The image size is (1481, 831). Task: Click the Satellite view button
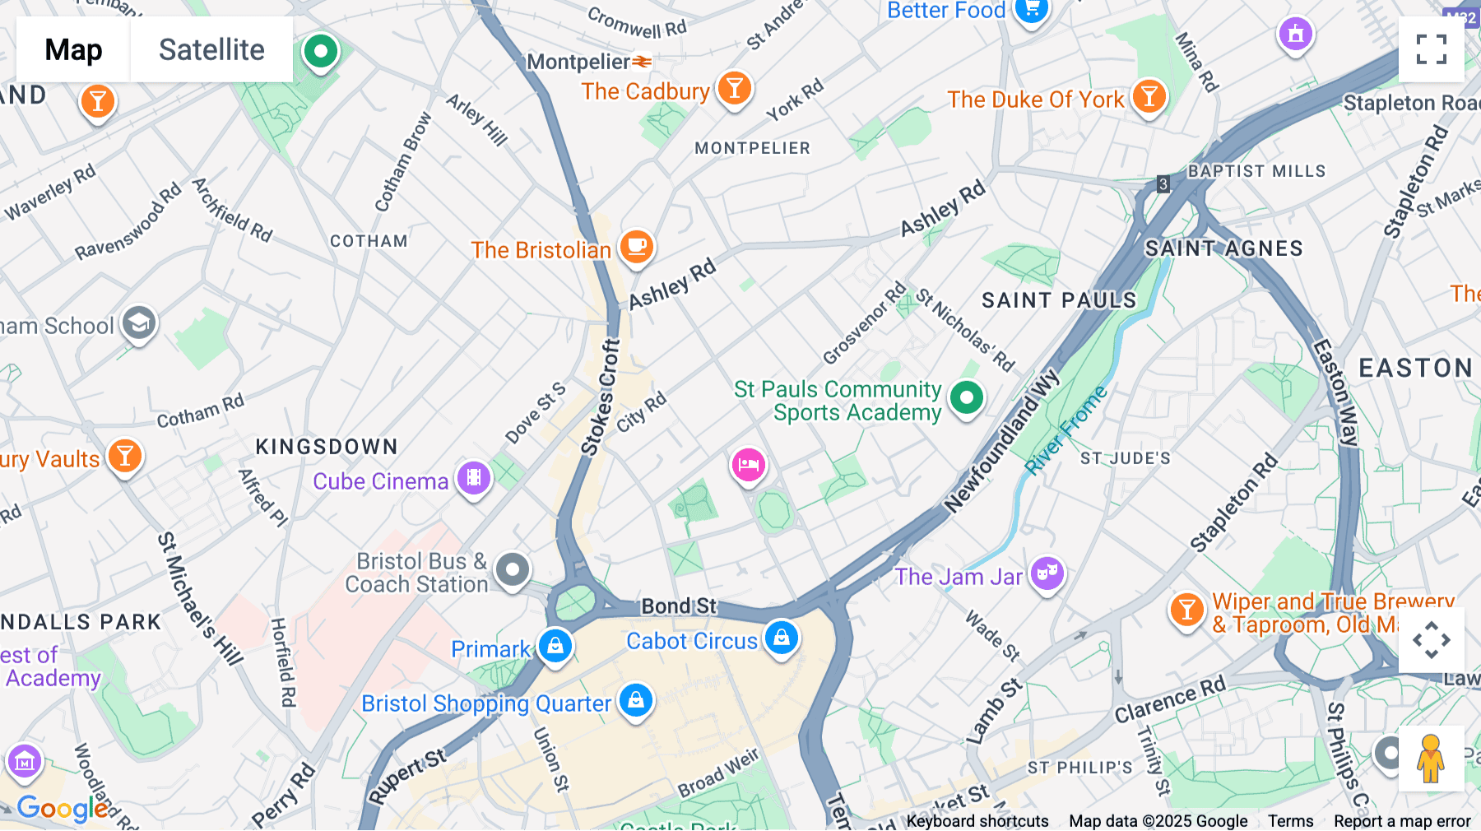(x=211, y=50)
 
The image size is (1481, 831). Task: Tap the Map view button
(x=73, y=50)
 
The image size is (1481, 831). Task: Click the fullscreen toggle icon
(x=1431, y=49)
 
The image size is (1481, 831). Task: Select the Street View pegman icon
(x=1430, y=759)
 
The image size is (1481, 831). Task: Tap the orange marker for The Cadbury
(x=734, y=87)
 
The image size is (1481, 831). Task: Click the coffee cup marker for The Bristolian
(x=636, y=246)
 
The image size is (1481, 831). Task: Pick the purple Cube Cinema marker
(x=474, y=477)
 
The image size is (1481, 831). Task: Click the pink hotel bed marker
(x=748, y=465)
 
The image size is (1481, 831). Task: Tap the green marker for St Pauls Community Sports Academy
(x=966, y=398)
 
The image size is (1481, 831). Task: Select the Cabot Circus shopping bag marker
(x=781, y=638)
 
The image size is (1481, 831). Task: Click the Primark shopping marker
(x=555, y=646)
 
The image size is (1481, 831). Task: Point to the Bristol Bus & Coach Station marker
(x=513, y=569)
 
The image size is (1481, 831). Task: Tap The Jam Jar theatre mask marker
(x=1047, y=573)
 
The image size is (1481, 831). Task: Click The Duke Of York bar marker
(x=1149, y=96)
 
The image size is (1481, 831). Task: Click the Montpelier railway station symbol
(x=643, y=62)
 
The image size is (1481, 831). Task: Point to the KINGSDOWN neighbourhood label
(x=327, y=447)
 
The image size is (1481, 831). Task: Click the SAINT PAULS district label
(x=1058, y=300)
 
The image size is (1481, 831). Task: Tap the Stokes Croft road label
(x=601, y=398)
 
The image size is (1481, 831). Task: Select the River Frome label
(x=1066, y=430)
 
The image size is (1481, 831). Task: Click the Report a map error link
(x=1402, y=820)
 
